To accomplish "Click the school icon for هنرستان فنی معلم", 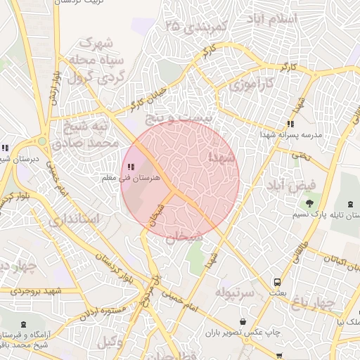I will click(131, 167).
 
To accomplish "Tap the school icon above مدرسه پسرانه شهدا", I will click(290, 124).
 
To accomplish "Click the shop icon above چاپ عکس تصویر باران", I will click(243, 321).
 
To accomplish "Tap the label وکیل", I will click(107, 342).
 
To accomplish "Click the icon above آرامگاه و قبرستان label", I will click(25, 324).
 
